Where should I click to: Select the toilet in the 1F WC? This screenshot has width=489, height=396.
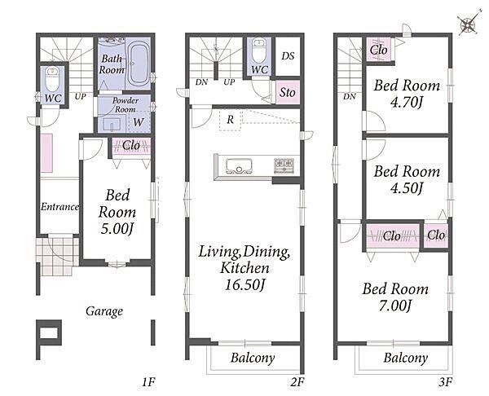pos(52,79)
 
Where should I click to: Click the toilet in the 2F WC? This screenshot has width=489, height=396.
pos(259,51)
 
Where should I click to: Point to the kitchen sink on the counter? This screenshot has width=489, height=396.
pos(239,166)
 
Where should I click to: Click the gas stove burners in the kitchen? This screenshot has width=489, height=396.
pos(284,165)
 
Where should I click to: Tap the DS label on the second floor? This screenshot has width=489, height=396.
pos(288,56)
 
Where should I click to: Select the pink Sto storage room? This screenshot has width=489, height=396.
pos(288,92)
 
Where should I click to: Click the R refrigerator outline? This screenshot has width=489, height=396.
pos(230,120)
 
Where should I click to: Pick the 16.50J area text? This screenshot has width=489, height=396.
pos(245,284)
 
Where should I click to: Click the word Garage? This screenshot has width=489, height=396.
pos(104,311)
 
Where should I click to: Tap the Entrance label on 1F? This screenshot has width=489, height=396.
pos(59,207)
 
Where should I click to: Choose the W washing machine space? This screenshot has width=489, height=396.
pos(139,122)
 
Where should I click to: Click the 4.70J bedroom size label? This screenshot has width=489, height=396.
pos(407,102)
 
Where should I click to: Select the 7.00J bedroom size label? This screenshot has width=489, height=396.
pos(395,306)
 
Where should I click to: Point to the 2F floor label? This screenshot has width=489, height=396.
pos(297,382)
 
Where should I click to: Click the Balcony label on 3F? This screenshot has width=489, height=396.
pos(405,358)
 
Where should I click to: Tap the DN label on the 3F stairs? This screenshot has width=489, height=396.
pos(350,97)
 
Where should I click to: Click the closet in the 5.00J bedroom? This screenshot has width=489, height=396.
pos(131,146)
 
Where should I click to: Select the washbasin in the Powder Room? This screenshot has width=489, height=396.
pos(112,124)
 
